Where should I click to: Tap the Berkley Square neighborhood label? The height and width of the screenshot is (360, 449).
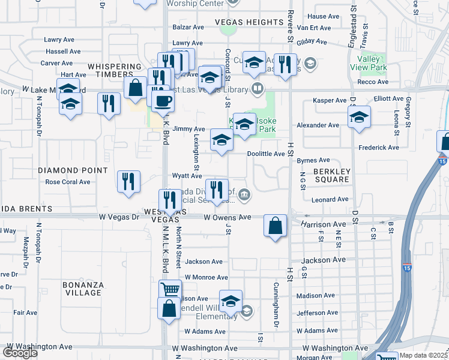coord(331,174)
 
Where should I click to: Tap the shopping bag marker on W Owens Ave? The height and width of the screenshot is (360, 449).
coord(275,226)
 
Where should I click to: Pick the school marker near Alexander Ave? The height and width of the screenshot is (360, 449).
coord(359,116)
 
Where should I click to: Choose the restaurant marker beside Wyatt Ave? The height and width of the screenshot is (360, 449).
coord(217,190)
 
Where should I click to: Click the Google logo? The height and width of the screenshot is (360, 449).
coord(20,353)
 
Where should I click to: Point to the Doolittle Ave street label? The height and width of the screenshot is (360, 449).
coord(266,154)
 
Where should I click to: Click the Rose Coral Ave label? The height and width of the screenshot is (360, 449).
coord(68,182)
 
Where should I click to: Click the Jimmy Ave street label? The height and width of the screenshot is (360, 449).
coord(188,129)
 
